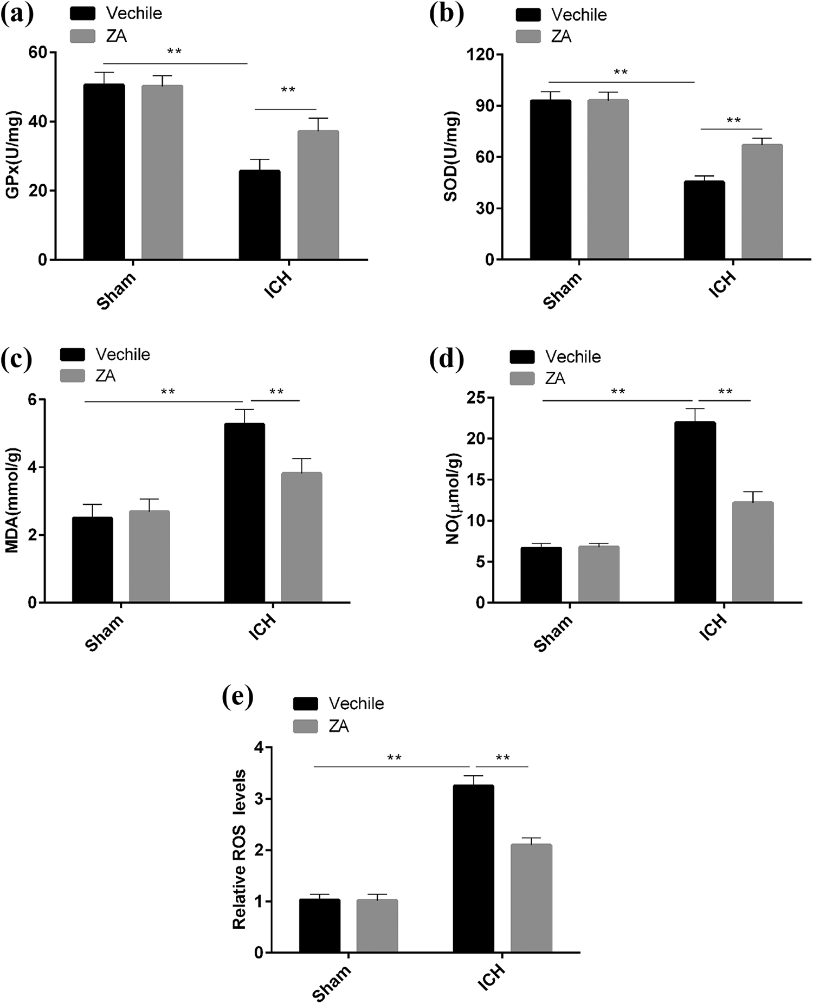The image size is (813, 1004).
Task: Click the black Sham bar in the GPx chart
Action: click(104, 172)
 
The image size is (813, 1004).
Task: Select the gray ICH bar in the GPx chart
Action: click(318, 195)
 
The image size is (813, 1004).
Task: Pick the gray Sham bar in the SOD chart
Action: click(608, 179)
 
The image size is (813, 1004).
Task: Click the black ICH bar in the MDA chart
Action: click(244, 513)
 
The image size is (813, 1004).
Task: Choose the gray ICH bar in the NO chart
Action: click(753, 552)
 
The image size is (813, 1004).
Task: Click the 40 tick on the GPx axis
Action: click(41, 121)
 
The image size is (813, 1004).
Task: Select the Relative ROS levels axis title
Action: click(239, 850)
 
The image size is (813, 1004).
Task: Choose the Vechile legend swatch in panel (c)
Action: click(73, 354)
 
